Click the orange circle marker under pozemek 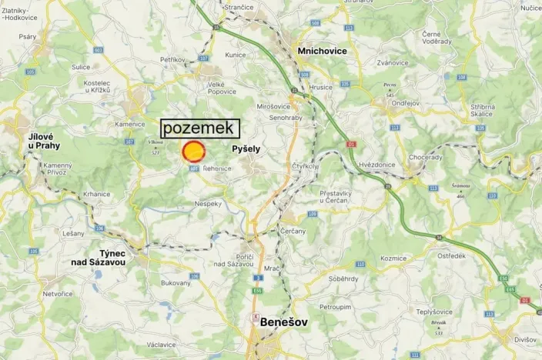coord(192,151)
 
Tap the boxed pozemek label coord(200,128)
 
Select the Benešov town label coord(284,322)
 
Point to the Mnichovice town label coord(322,51)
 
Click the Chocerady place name coord(426,157)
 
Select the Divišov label coord(527,339)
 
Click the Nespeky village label coord(208,204)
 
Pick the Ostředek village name coord(451,256)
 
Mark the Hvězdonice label coord(378,165)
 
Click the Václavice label coord(162,344)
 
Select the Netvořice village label coord(58,294)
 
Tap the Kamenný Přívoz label coord(57,169)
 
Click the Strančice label coord(239,7)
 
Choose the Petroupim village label coord(336,306)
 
